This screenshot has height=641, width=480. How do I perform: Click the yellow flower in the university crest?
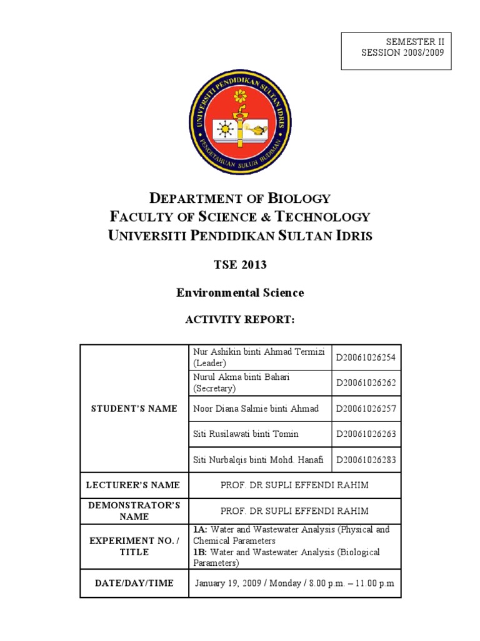coord(240,97)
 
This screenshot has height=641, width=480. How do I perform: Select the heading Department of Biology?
coord(240,198)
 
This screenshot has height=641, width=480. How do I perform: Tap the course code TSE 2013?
coord(240,265)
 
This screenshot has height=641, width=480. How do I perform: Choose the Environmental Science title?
coord(240,292)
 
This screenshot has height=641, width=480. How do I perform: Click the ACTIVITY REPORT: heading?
coord(240,320)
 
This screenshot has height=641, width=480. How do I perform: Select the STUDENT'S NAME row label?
coord(134,409)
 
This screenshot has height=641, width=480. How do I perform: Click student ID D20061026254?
coord(366,357)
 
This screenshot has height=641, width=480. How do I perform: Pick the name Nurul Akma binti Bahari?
coord(241,377)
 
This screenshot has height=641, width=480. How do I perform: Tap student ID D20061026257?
coord(366,409)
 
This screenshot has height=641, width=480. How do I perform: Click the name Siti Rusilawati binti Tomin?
coord(246,434)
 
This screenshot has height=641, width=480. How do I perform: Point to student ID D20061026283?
coord(366,460)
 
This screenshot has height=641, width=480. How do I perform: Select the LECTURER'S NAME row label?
coord(134,485)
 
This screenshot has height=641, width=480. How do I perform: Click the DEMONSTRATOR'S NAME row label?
coord(134,511)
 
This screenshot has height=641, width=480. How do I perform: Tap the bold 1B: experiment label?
coord(200,552)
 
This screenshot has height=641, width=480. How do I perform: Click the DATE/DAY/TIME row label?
coord(134,583)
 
